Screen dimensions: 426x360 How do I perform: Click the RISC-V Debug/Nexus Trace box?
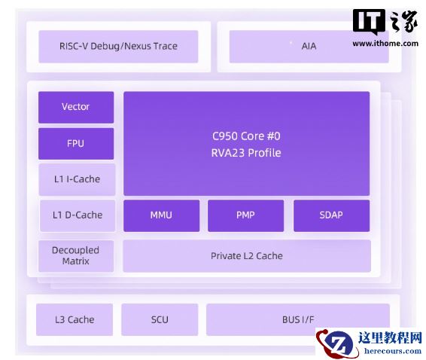(118, 47)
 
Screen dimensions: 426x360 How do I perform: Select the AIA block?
(309, 47)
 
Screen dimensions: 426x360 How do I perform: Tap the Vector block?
(76, 107)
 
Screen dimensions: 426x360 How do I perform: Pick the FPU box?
(76, 144)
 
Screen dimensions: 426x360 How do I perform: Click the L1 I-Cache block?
(78, 179)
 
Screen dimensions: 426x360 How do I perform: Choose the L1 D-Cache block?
(78, 215)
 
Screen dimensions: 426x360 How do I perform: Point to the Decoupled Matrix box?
(76, 256)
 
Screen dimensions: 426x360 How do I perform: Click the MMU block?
(161, 215)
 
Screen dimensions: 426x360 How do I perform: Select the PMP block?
(245, 215)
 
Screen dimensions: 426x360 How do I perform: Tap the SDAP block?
(331, 215)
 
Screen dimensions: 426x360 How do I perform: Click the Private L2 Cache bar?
(247, 256)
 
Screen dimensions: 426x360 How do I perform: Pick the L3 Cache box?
(75, 319)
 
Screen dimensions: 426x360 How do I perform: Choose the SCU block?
(160, 319)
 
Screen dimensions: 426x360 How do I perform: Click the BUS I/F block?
(298, 319)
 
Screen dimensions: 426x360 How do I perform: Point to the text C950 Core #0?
(246, 136)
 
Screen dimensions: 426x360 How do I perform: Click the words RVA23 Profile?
(246, 153)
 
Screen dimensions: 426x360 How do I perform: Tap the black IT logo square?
(369, 21)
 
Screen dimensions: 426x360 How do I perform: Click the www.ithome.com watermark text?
(385, 44)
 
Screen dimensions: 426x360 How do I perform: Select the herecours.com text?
(393, 351)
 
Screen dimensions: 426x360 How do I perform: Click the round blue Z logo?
(339, 343)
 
